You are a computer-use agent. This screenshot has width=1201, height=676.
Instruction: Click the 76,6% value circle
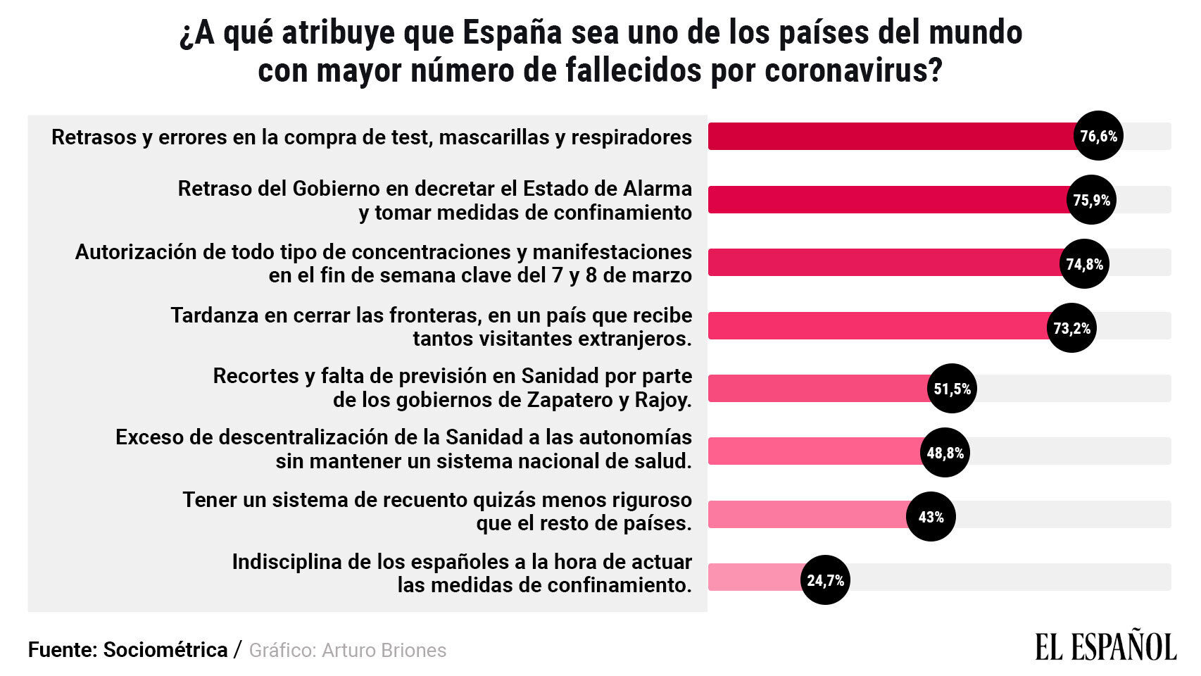(1098, 136)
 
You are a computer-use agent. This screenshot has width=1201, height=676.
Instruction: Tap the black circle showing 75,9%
(1091, 200)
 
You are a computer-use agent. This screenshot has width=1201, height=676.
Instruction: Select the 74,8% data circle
(1084, 263)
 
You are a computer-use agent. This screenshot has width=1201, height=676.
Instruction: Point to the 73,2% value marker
(1071, 327)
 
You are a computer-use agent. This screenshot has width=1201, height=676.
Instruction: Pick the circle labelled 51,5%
(952, 388)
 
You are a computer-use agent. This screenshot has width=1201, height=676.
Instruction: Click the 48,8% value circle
(945, 452)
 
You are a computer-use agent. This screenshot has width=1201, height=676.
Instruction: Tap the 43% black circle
(930, 516)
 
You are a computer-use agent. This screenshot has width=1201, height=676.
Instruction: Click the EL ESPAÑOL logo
(1105, 647)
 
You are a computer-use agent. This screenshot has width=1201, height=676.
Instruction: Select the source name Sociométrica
(165, 649)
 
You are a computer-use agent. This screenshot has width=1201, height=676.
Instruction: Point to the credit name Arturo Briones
(384, 650)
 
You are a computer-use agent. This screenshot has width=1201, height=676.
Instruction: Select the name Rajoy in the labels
(662, 400)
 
